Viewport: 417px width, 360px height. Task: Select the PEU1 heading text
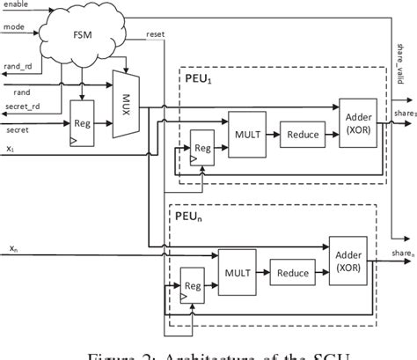(201, 78)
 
